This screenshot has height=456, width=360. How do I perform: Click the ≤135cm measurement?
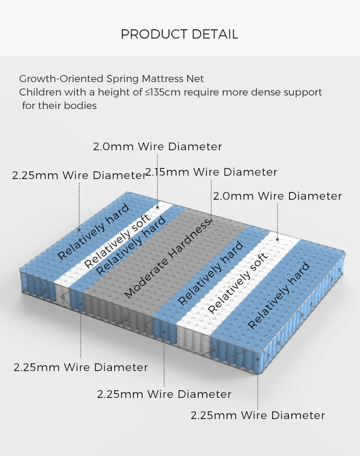163,92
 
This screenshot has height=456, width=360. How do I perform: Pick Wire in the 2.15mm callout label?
207,172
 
